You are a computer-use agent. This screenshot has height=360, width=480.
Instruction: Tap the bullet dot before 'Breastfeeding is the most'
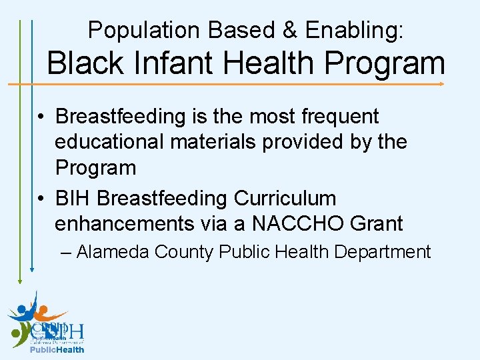coord(41,117)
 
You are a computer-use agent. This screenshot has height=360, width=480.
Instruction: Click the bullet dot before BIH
coord(41,199)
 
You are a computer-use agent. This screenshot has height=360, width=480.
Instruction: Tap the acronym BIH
coord(73,199)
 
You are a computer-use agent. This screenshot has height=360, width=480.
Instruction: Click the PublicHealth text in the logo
coord(57,349)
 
